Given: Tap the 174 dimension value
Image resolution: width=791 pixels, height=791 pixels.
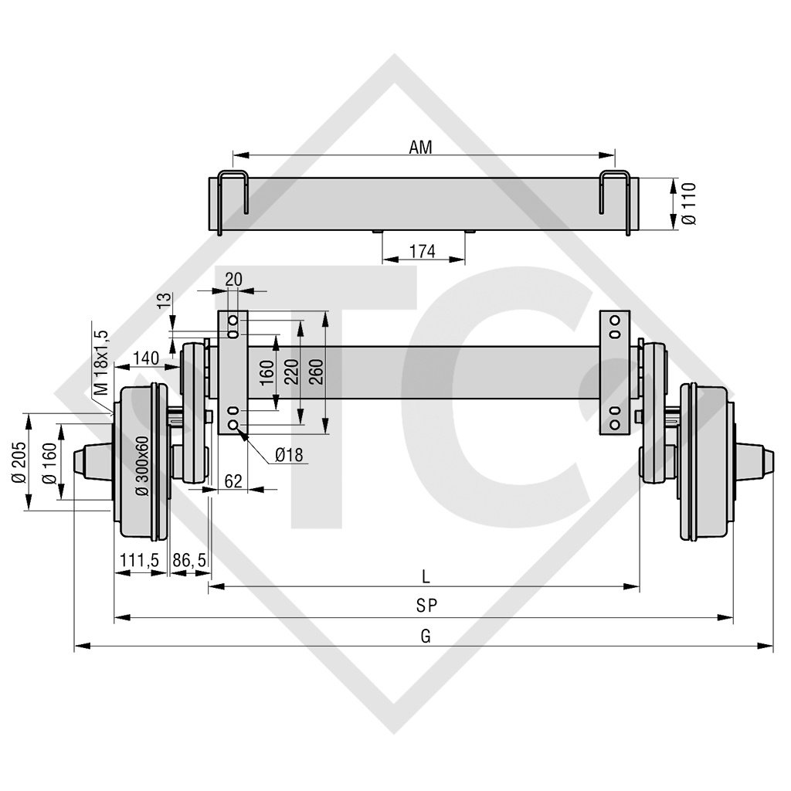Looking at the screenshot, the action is [x=423, y=251].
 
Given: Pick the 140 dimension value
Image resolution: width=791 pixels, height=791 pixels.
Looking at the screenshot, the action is [x=145, y=357].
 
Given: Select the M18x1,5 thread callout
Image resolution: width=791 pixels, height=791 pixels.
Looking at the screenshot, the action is [x=100, y=362].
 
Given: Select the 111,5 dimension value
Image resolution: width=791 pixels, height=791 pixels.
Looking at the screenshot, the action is [x=140, y=560].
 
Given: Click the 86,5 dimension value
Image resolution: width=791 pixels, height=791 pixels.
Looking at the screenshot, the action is [x=189, y=560].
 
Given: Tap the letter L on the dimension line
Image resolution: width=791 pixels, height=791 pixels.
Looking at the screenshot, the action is [x=426, y=575].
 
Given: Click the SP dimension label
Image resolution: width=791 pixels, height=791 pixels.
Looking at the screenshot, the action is [x=425, y=606].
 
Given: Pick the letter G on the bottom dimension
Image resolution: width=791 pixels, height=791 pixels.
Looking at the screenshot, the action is [x=425, y=636].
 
